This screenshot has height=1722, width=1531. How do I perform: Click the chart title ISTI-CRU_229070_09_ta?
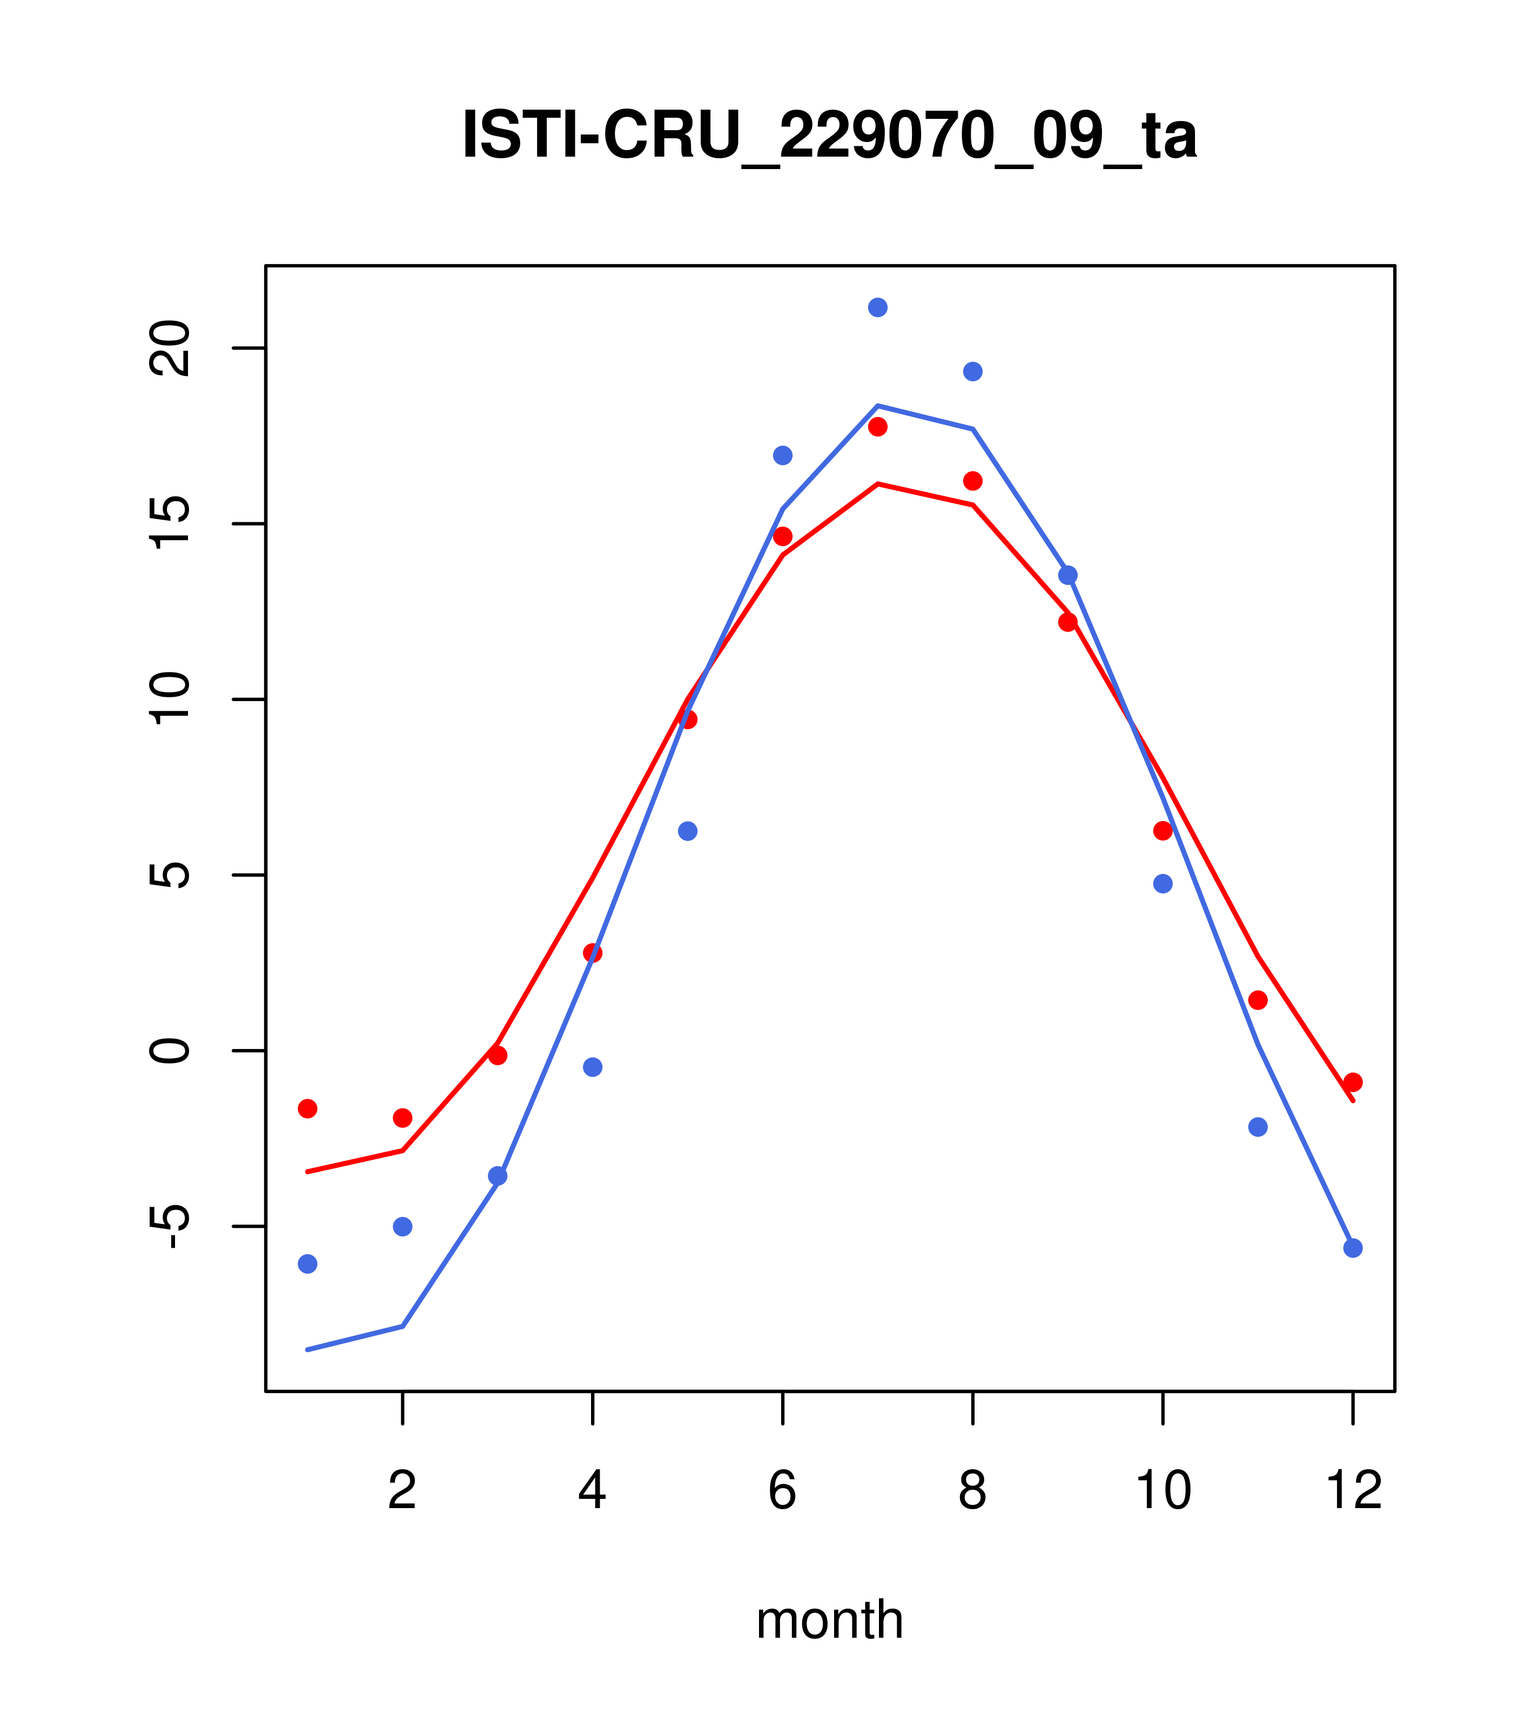point(829,136)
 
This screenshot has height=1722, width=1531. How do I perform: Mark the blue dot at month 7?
point(877,307)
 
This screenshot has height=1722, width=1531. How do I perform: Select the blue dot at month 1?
point(307,1264)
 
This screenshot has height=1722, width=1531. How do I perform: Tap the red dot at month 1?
point(307,1109)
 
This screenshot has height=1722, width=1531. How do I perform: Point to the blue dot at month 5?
point(688,831)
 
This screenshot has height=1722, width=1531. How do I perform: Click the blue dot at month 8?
point(972,372)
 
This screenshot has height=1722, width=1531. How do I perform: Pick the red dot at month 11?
point(1257,1000)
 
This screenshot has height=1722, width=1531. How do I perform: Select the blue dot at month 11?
point(1257,1127)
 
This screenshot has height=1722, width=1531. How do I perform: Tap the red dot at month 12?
point(1352,1082)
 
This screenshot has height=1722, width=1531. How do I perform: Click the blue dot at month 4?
point(592,1067)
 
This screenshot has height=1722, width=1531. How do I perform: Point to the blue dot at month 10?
point(1163,884)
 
